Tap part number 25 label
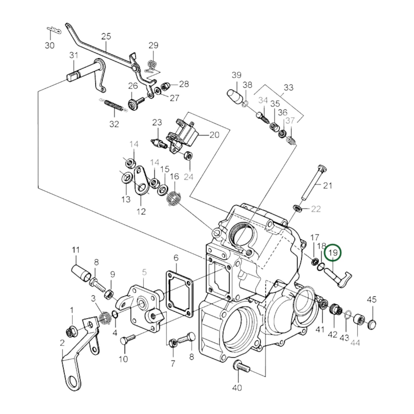tap(106, 36)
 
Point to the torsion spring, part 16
tap(174, 198)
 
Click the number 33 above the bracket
tap(288, 87)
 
